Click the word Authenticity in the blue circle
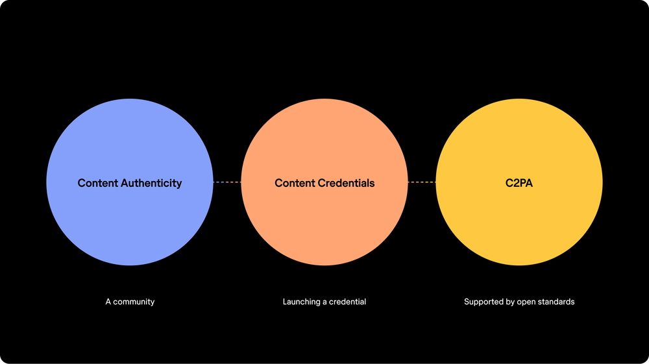coord(151,183)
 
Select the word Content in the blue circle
coord(98,183)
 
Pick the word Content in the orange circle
coord(295,183)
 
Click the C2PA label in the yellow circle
coord(519,183)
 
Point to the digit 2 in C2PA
coord(515,183)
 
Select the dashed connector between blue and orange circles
coord(227,182)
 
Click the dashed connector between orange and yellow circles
coord(422,182)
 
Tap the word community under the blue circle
coord(134,302)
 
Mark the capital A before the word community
coord(108,302)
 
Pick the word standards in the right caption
coord(558,302)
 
